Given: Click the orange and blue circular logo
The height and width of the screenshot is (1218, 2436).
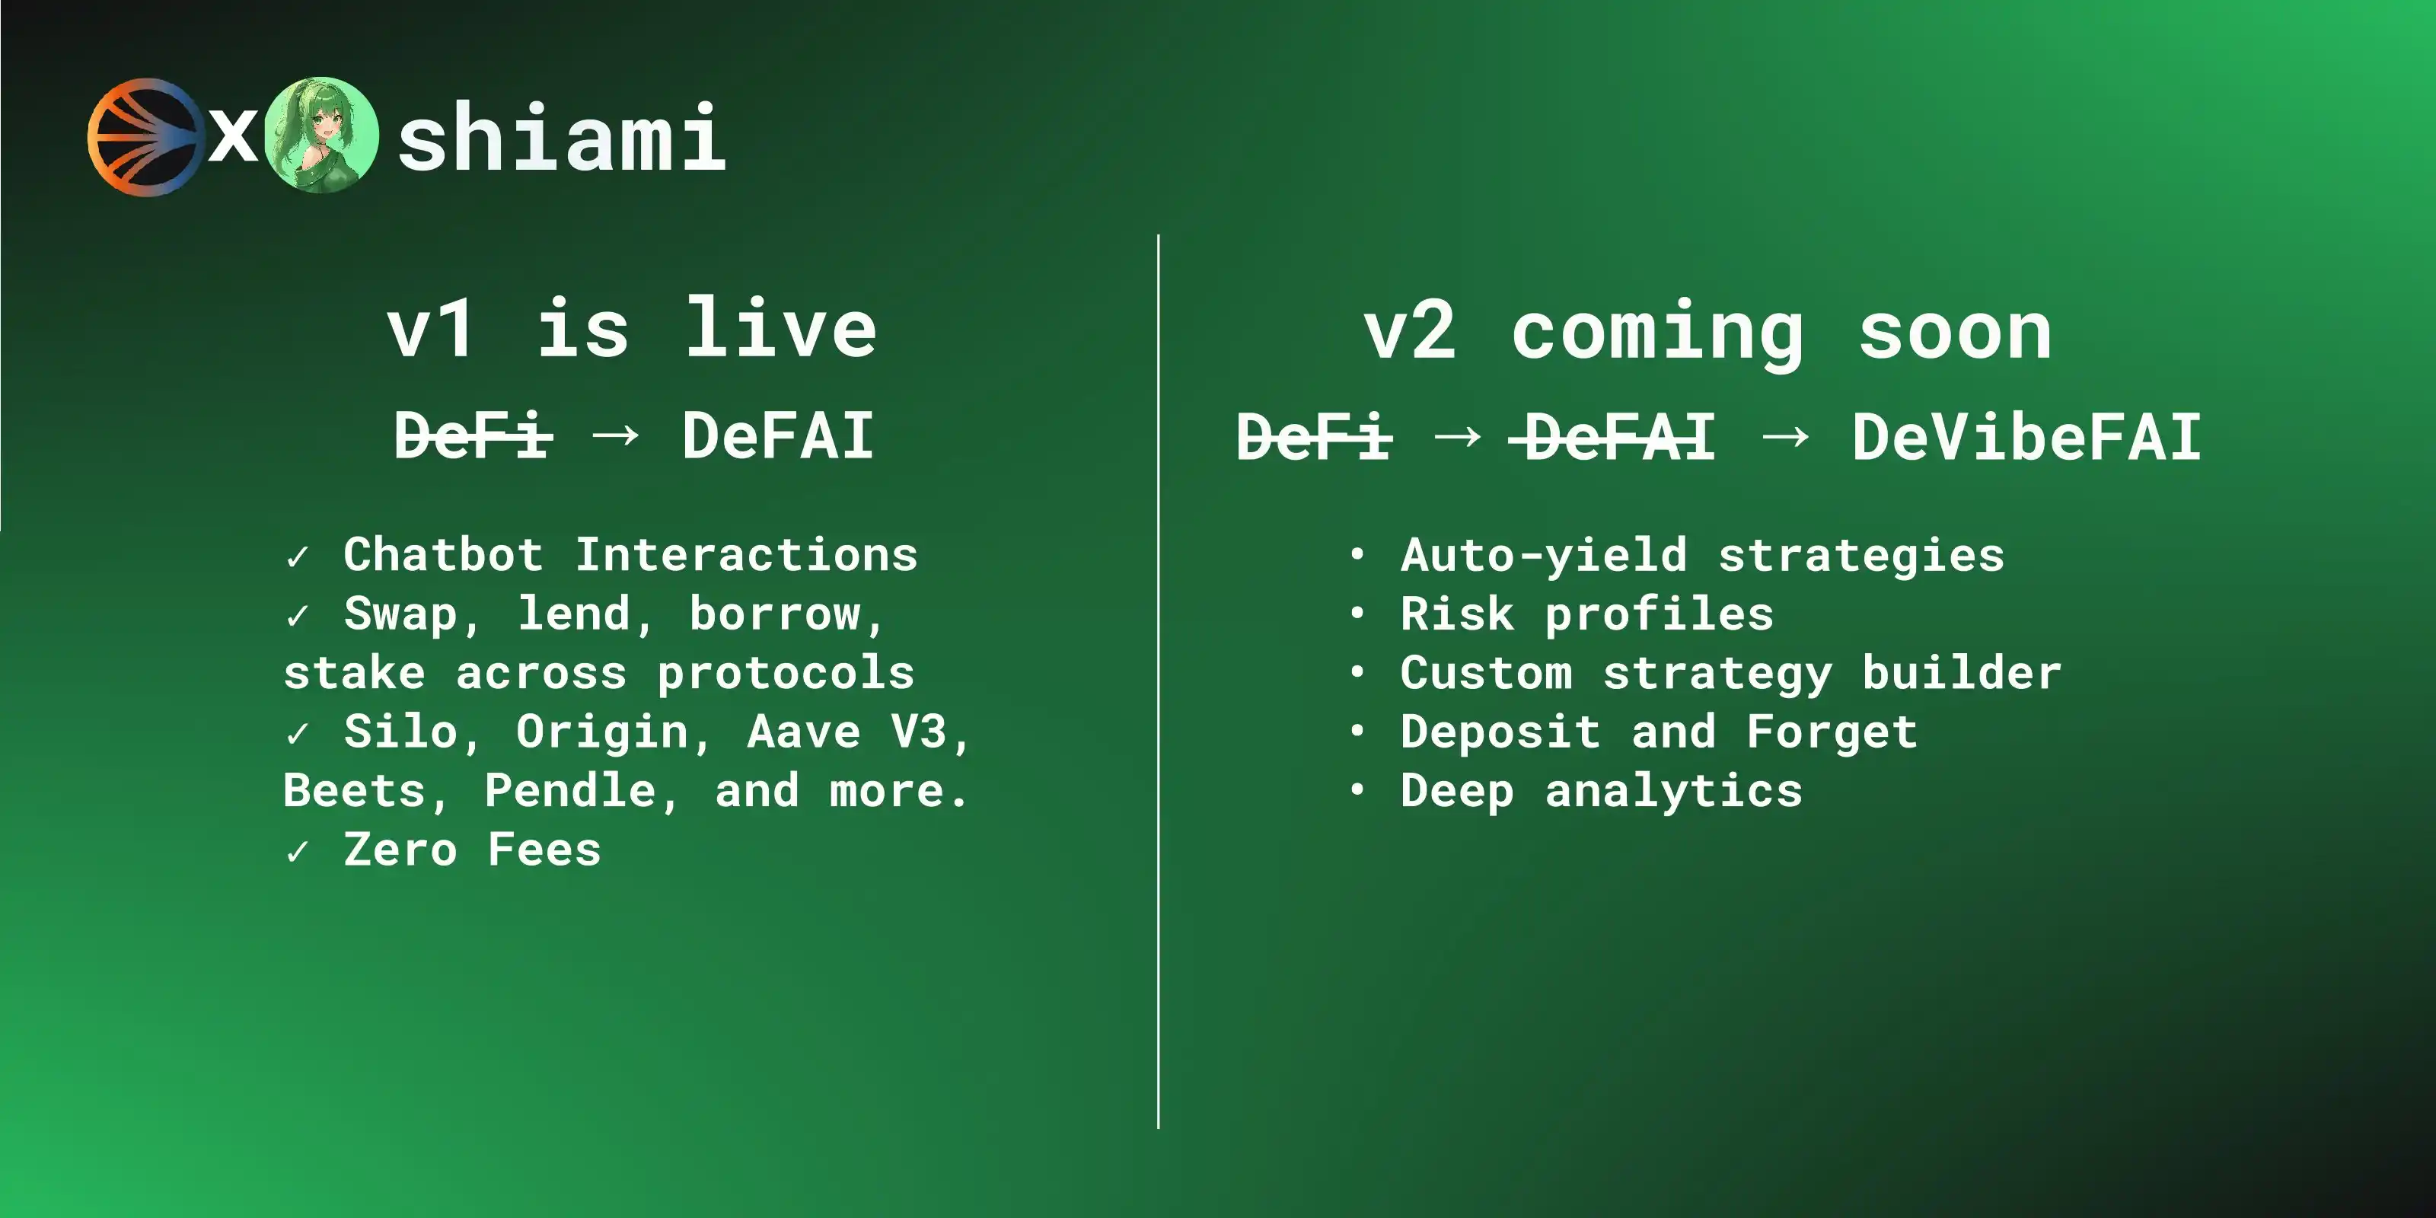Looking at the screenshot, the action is coord(145,137).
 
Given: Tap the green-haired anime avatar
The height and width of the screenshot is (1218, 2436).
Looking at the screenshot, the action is coord(321,136).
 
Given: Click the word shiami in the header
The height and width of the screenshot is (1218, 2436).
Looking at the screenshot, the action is coord(562,138).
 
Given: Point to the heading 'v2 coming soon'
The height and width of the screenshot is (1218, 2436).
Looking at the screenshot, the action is coord(1707,333).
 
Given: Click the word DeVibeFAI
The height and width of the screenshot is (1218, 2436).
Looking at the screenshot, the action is coord(2026,437).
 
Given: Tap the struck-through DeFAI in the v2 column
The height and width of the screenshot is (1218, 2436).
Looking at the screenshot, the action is coord(1612,437).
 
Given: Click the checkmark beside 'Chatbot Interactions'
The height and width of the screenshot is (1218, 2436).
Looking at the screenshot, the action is coord(297,557).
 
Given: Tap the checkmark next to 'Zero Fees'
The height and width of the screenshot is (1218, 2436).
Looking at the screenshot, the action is coord(297,852).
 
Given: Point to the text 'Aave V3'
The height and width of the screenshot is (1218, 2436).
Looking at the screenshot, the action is coord(847,731).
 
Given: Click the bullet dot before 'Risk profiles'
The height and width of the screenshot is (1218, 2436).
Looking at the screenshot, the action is coord(1357,613).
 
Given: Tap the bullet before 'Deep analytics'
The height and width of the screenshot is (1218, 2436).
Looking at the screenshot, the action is coord(1357,789).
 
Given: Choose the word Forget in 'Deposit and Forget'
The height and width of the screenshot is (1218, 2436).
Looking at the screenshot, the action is coord(1832,732).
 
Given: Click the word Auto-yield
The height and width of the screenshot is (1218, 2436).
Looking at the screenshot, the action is coord(1543,555).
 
